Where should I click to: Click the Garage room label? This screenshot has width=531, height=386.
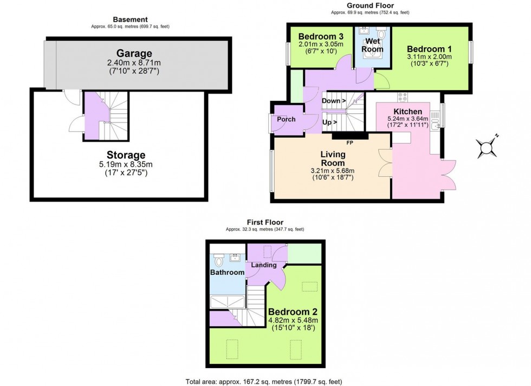(134, 53)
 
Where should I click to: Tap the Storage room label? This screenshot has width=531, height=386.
(126, 155)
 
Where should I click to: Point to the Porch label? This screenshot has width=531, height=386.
(286, 119)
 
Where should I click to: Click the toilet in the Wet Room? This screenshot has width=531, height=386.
(381, 34)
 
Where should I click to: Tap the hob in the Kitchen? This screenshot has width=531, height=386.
(403, 97)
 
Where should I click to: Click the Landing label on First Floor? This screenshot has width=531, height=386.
(264, 265)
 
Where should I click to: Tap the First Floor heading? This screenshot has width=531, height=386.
(264, 222)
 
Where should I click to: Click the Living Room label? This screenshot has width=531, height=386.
(333, 158)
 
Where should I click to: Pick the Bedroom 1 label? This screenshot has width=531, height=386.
(430, 48)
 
